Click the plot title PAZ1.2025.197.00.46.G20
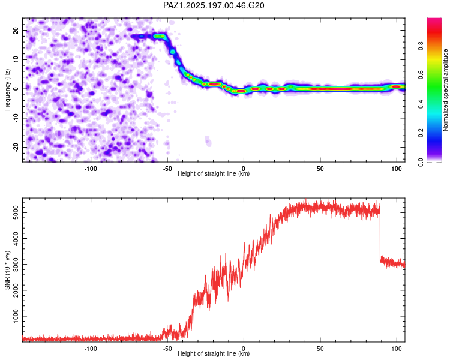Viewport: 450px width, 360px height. point(214,5)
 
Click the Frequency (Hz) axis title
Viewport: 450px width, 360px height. point(7,90)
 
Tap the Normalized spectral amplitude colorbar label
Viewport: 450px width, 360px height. point(445,90)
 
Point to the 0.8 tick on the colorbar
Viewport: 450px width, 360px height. point(421,46)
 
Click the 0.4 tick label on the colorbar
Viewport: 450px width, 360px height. point(421,104)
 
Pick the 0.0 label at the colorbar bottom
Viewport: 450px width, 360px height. point(421,163)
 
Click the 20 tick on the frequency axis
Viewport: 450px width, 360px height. point(16,30)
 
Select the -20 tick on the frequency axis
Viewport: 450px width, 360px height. point(16,148)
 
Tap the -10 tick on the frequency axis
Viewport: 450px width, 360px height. point(16,118)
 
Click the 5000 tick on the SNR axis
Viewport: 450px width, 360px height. point(16,213)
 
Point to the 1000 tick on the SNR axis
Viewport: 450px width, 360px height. point(16,316)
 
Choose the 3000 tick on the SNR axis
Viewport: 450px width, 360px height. point(16,265)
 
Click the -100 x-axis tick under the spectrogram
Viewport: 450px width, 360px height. point(91,169)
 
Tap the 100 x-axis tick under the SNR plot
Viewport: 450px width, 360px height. point(397,349)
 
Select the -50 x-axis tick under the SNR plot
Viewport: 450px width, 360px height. point(167,349)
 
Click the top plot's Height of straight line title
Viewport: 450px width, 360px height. point(214,173)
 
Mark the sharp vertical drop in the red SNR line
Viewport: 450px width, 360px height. point(380,235)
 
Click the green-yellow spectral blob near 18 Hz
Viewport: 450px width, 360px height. point(160,36)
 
